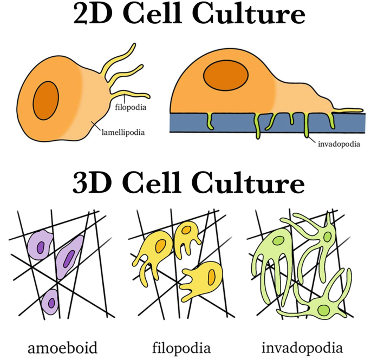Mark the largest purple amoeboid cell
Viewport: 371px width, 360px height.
click(x=69, y=254)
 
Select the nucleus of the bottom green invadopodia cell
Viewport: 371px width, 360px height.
click(x=324, y=310)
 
